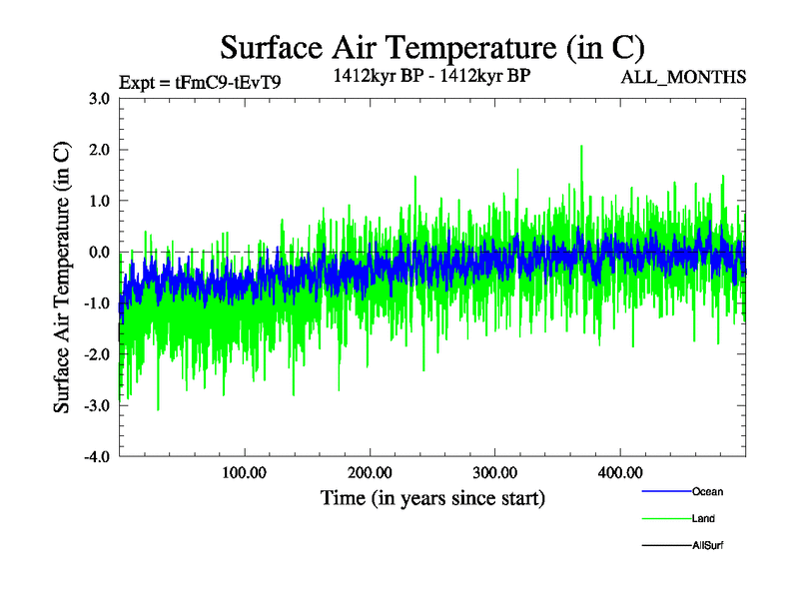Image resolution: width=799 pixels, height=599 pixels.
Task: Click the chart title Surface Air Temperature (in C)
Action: (x=431, y=47)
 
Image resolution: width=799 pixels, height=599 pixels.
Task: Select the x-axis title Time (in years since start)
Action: (x=432, y=497)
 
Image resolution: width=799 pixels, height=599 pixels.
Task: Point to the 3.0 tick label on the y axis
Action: (x=98, y=99)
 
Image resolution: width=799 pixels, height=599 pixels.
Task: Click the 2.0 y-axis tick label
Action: (x=98, y=150)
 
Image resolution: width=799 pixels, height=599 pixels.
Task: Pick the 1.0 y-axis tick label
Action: (x=98, y=201)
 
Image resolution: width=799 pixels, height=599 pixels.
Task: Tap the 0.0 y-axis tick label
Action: (x=98, y=252)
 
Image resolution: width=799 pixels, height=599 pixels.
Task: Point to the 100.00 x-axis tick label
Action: (x=245, y=472)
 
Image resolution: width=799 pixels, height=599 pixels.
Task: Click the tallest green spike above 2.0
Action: (x=581, y=147)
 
